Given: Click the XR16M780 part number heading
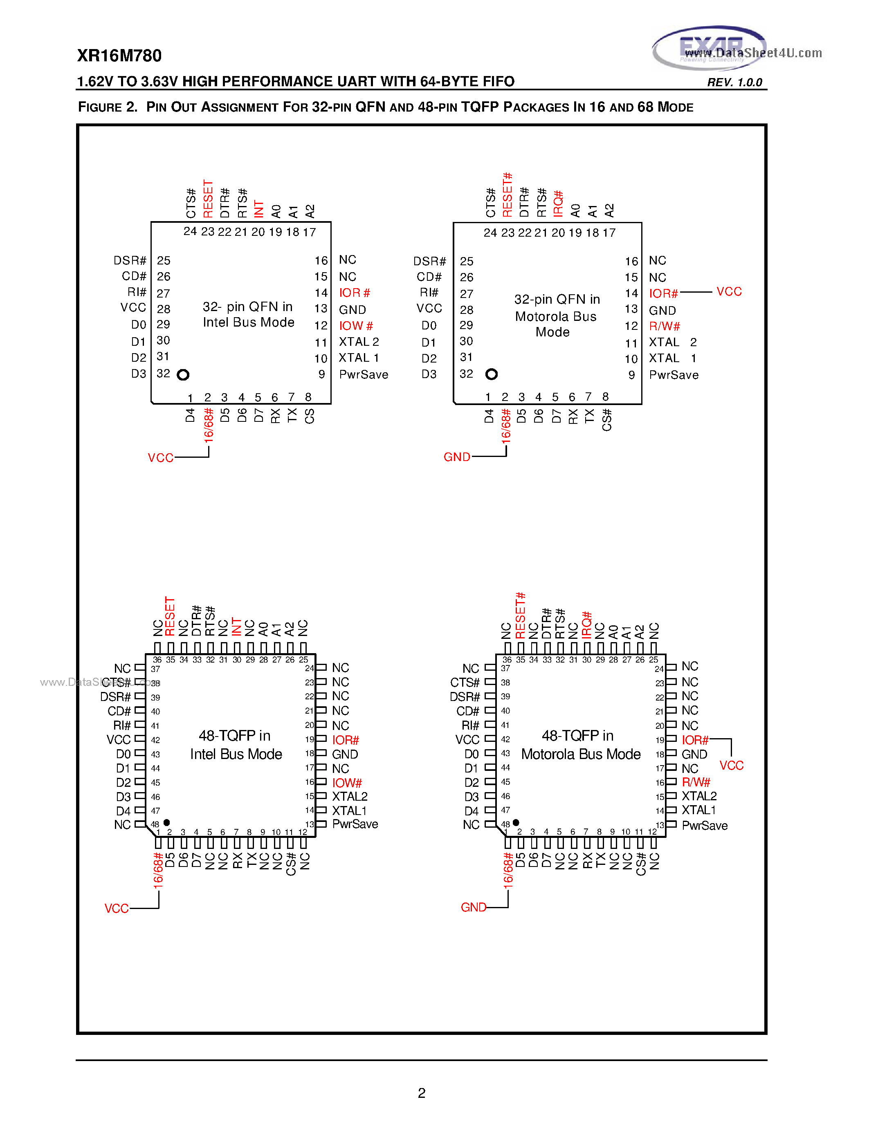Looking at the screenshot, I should [x=119, y=56].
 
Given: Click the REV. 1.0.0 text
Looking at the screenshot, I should [x=734, y=82].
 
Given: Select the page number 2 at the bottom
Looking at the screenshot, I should [x=422, y=1093].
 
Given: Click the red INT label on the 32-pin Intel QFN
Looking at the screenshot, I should [x=259, y=209].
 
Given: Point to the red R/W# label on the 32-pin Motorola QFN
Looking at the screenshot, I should [x=664, y=326].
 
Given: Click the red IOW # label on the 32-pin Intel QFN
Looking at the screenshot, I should [x=356, y=326].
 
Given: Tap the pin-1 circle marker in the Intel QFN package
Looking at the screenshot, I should [x=183, y=375].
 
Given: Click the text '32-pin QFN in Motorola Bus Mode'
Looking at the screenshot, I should [x=555, y=316].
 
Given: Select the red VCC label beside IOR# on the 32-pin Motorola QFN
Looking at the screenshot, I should [x=729, y=292].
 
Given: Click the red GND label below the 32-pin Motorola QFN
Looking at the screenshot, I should [x=457, y=457].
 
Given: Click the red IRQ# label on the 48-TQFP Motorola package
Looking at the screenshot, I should [x=586, y=625].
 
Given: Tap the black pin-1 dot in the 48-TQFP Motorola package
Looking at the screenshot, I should [x=516, y=822].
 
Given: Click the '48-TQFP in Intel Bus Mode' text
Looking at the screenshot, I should [x=236, y=745].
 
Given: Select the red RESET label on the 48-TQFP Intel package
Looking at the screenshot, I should [x=170, y=616].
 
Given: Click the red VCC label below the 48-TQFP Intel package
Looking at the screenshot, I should [x=117, y=908].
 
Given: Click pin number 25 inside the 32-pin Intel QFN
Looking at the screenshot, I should [x=164, y=260].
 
